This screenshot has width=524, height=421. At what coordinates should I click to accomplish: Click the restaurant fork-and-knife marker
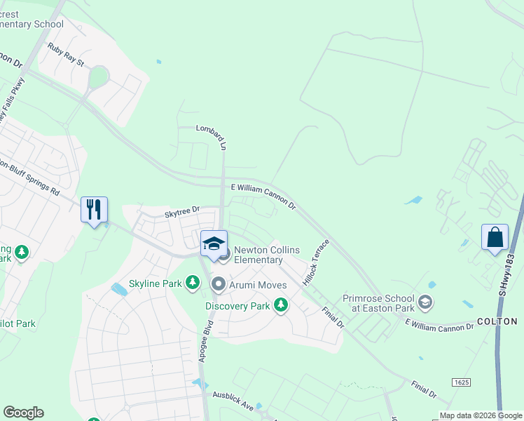click(x=94, y=209)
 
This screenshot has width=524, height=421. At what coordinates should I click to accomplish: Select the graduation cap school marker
click(x=214, y=243)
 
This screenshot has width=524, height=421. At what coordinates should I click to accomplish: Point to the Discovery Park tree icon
click(x=281, y=305)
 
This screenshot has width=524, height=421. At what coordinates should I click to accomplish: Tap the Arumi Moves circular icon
click(x=218, y=284)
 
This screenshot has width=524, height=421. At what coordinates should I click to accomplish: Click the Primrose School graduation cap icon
click(x=425, y=302)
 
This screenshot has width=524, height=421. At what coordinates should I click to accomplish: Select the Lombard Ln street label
click(x=212, y=137)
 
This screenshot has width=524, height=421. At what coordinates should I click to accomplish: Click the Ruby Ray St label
click(x=66, y=55)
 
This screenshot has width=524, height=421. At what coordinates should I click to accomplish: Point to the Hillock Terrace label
click(x=315, y=263)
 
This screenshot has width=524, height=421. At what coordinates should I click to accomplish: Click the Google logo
click(x=23, y=413)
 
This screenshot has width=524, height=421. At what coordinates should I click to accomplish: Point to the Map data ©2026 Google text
click(x=481, y=415)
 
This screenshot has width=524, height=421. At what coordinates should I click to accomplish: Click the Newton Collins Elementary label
click(x=258, y=255)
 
